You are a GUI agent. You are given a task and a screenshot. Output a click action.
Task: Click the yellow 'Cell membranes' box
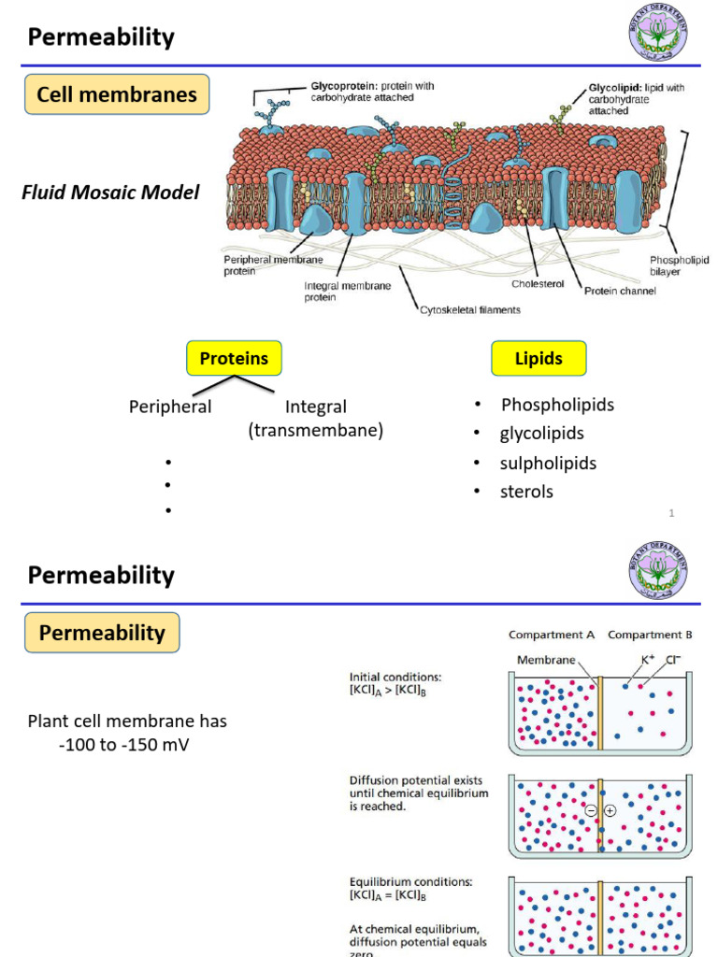[x=117, y=94]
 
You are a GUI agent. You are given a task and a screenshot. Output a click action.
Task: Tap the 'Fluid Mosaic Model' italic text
[x=110, y=193]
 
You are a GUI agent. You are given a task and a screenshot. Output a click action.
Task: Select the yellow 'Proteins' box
[x=234, y=359]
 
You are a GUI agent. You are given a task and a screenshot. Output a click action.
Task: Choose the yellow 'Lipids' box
[x=538, y=359]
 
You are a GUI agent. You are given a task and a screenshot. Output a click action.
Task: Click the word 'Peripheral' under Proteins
[x=170, y=407]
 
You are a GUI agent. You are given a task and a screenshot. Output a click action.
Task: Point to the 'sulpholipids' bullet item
[x=548, y=463]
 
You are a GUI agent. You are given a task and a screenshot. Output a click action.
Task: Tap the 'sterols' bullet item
[x=526, y=492]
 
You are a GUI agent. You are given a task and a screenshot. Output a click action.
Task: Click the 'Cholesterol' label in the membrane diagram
[x=538, y=284]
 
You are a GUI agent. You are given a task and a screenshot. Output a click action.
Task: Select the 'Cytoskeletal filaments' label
[x=469, y=309]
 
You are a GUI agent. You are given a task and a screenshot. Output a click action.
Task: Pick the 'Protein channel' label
[x=620, y=291]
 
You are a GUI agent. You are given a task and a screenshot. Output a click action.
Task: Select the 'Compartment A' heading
[x=552, y=635]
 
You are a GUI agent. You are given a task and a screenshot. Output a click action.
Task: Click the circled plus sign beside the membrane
[x=610, y=810]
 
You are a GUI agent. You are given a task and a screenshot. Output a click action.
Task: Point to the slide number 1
[x=672, y=513]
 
